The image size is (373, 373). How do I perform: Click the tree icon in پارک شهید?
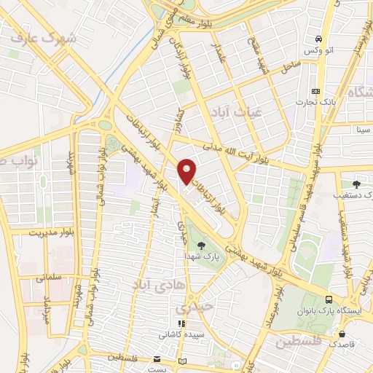point(201,246)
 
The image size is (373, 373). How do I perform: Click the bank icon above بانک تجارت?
point(315,91)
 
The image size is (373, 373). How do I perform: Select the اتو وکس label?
point(318,50)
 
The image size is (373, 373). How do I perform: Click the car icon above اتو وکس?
point(318,39)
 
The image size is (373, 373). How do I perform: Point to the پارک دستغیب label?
point(356,196)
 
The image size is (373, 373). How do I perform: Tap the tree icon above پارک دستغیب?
point(356,184)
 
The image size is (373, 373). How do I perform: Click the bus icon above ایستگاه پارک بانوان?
point(329,299)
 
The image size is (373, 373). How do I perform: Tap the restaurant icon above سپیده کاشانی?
point(181,323)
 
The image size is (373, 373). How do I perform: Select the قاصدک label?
point(342,343)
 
